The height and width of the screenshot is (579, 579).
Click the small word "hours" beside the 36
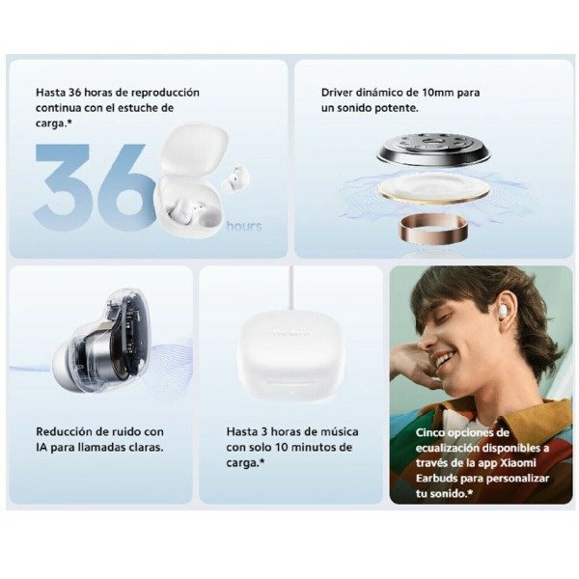[x=244, y=226]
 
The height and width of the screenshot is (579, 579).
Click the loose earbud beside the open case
[x=235, y=177]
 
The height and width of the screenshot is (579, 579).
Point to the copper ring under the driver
[x=433, y=229]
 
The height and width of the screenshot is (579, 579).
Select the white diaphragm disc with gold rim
[x=433, y=188]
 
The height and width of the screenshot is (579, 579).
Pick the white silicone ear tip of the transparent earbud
[x=69, y=366]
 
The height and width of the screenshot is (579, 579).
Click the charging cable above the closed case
[x=291, y=289]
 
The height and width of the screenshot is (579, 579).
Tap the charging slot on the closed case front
[x=290, y=385]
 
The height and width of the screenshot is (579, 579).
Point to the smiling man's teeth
[x=445, y=357]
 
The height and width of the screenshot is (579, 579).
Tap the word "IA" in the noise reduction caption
[x=41, y=448]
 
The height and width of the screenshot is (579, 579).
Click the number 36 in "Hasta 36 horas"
[x=74, y=93]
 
